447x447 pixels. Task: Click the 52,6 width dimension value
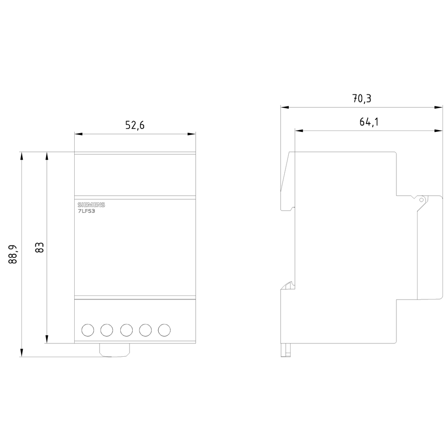click(135, 125)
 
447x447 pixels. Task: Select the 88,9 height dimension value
click(13, 254)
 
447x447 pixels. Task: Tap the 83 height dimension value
click(39, 248)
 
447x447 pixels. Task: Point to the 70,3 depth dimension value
click(362, 99)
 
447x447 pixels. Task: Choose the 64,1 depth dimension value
click(369, 122)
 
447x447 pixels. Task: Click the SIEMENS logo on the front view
click(91, 205)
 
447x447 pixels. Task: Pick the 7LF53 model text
click(86, 211)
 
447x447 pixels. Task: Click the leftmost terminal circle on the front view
click(88, 330)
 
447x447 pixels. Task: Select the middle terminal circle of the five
click(127, 330)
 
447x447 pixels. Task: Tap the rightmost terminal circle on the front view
click(164, 330)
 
